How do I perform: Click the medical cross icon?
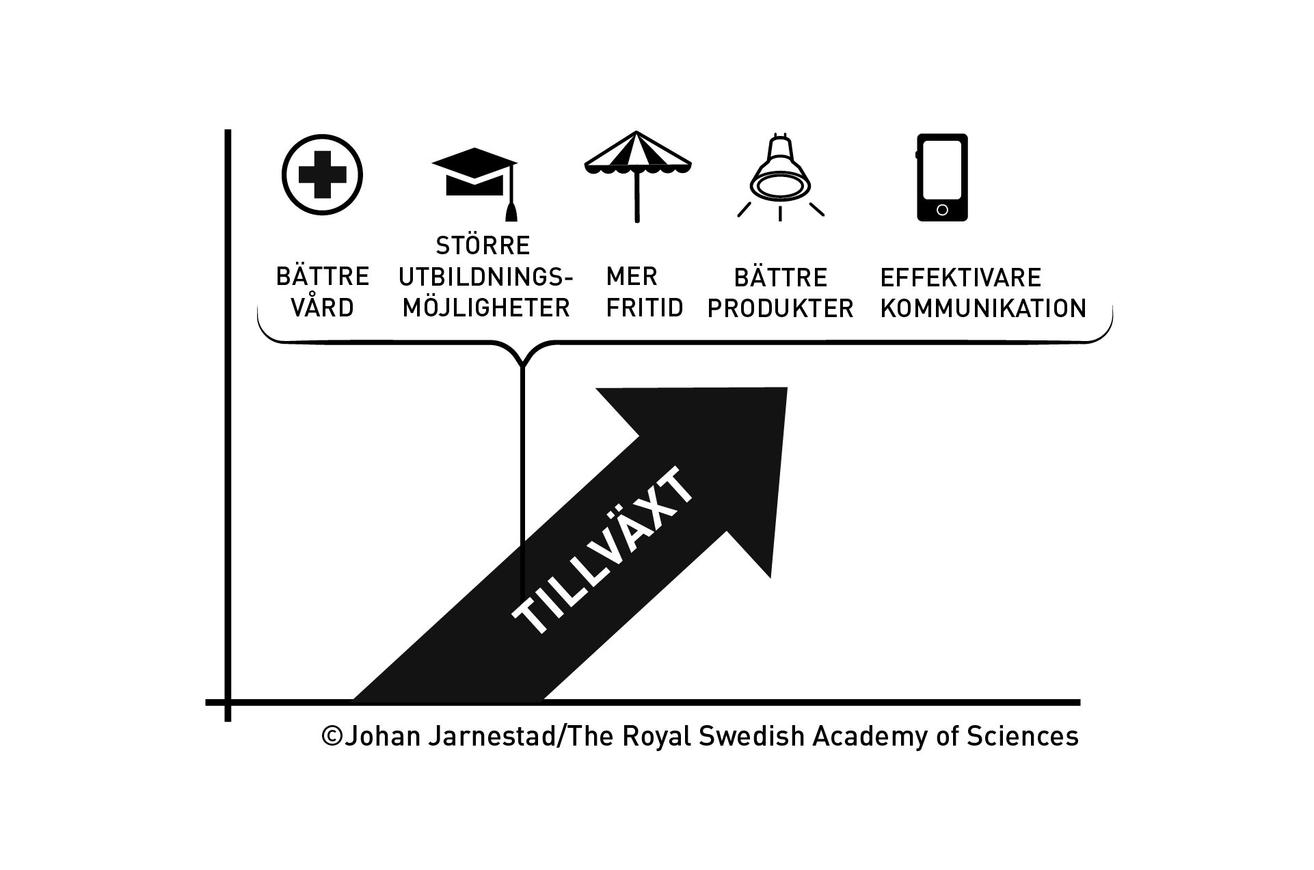322,176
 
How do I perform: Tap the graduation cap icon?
474,176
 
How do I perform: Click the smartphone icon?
942,177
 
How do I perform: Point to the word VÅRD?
322,308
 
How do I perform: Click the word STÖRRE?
483,245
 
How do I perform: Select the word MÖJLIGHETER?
486,308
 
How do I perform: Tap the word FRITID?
645,308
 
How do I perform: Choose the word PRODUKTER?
781,309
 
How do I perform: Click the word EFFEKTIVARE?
961,278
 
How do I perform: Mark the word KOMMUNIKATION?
983,309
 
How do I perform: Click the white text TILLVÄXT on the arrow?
604,551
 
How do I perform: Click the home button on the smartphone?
942,210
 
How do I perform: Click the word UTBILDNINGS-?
485,277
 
